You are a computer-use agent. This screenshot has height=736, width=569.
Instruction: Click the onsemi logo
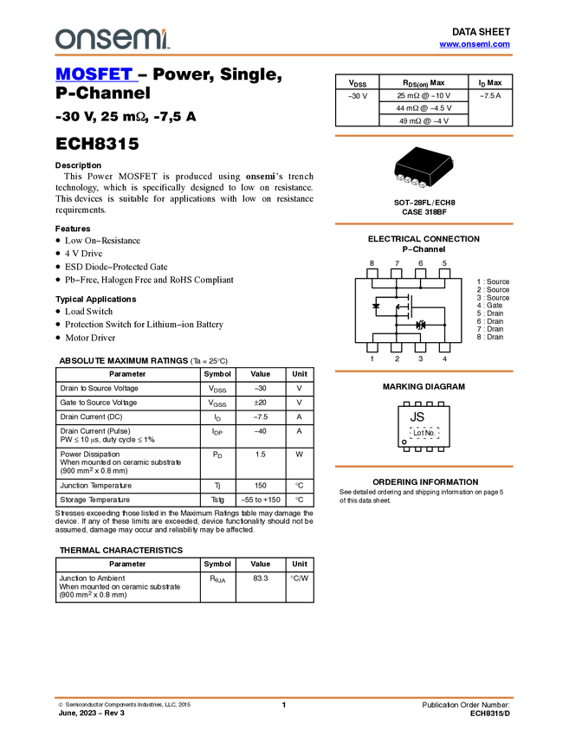point(112,39)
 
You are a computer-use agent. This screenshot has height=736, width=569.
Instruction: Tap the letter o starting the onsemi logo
point(63,39)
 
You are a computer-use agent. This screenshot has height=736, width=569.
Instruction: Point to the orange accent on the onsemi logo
point(165,30)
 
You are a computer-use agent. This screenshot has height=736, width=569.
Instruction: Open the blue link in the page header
point(475,44)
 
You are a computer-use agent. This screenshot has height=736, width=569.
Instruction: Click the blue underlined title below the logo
point(96,74)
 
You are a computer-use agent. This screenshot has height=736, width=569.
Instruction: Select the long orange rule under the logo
point(284,55)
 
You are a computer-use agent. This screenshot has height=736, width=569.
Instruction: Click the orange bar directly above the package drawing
point(424,136)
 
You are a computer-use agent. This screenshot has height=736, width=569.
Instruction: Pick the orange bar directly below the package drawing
point(424,223)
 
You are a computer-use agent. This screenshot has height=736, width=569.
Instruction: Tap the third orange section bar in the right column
point(424,371)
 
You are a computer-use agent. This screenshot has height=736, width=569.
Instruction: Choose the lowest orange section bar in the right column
point(424,467)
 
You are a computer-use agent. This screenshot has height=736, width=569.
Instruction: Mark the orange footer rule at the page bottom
point(284,697)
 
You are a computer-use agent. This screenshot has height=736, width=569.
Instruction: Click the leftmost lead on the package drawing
point(399,178)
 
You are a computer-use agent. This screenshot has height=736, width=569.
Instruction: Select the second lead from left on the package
point(407,180)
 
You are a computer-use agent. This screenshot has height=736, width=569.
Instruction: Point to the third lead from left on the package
point(415,182)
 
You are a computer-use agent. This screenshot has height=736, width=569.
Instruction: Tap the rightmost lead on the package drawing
point(423,184)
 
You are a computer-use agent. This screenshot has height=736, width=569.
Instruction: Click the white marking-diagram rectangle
point(386,307)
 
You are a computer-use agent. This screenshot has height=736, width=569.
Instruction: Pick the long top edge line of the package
point(412,168)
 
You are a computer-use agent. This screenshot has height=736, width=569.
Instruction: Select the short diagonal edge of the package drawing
point(441,165)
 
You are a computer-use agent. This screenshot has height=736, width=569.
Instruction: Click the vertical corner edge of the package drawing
point(430,181)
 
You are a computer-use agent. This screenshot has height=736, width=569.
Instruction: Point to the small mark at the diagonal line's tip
point(453,159)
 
